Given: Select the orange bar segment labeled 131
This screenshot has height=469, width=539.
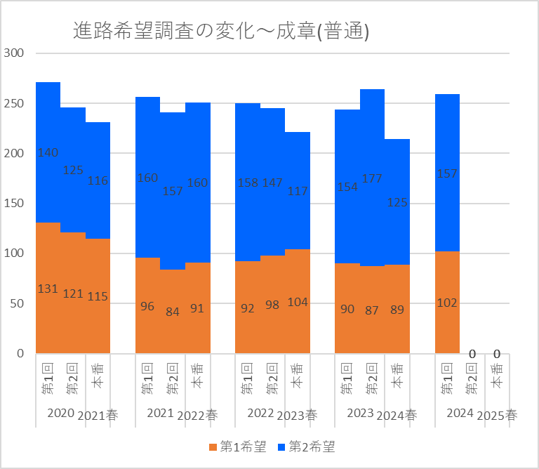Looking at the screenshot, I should click(48, 309).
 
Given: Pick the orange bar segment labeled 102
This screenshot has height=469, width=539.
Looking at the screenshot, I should click(447, 323).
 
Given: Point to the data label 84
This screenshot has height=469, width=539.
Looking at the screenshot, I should click(172, 312).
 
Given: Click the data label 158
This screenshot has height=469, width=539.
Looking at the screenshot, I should click(247, 183).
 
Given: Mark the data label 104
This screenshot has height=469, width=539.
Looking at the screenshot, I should click(297, 302).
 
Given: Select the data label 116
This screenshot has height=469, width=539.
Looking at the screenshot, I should click(98, 180).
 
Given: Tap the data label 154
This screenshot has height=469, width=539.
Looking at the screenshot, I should click(347, 186).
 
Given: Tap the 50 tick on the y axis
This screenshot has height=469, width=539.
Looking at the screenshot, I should click(17, 303).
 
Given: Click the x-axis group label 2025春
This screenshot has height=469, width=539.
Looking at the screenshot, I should click(497, 415).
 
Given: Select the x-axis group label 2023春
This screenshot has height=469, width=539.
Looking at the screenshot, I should click(297, 415).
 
